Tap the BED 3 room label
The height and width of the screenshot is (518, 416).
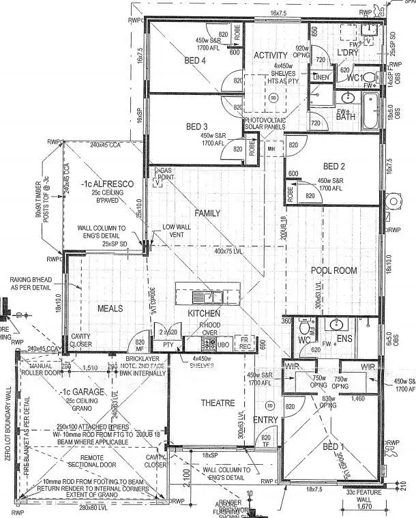pyautogui.click(x=196, y=127)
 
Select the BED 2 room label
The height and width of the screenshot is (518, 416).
pyautogui.click(x=333, y=167)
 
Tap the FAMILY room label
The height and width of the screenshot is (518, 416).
pyautogui.click(x=207, y=214)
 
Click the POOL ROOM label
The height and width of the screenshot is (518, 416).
pyautogui.click(x=334, y=270)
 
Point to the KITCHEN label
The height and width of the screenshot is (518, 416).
pyautogui.click(x=205, y=313)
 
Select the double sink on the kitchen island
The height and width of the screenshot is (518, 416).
pyautogui.click(x=205, y=297)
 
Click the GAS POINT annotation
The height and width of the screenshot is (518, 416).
pyautogui.click(x=165, y=173)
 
